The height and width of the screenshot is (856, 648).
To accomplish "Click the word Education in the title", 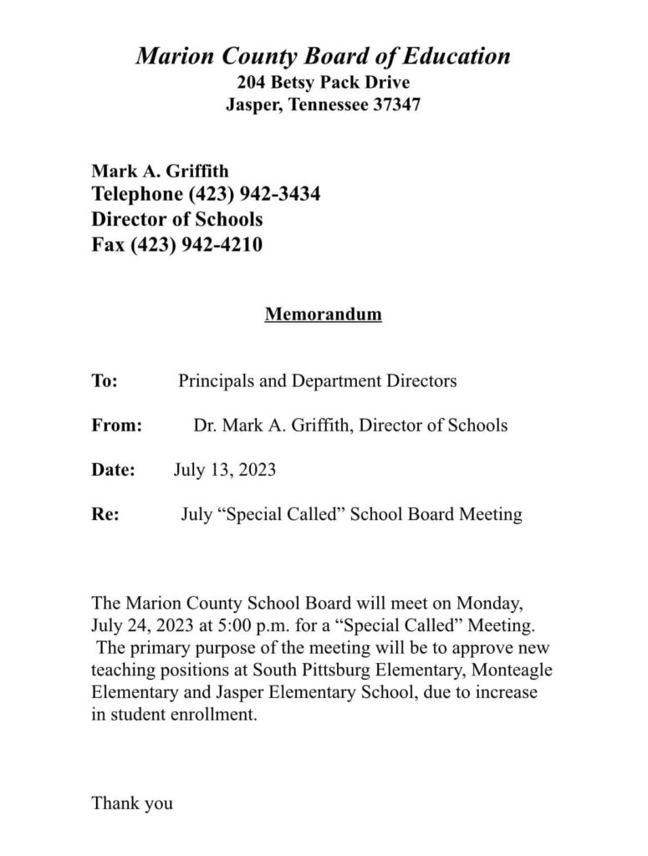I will pos(456,57).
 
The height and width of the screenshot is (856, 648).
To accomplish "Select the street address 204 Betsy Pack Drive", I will pos(323,83).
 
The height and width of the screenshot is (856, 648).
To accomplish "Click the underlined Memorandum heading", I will pos(323,315).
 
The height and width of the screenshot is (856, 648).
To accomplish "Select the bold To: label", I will pos(105,381).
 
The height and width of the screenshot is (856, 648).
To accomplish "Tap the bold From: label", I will pos(117,425).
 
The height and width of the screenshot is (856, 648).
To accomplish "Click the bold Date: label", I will pos(113,470).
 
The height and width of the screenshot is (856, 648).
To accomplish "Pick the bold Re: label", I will pos(105,514).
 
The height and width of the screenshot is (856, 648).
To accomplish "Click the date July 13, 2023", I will pos(225,470).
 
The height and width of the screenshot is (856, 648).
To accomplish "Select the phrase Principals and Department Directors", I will pos(318,381).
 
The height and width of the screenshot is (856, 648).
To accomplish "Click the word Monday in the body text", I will pos(492,602).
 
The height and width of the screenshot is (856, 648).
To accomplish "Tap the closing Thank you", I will pos(132,803).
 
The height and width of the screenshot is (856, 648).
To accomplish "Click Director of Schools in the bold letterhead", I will pos(177,220).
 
